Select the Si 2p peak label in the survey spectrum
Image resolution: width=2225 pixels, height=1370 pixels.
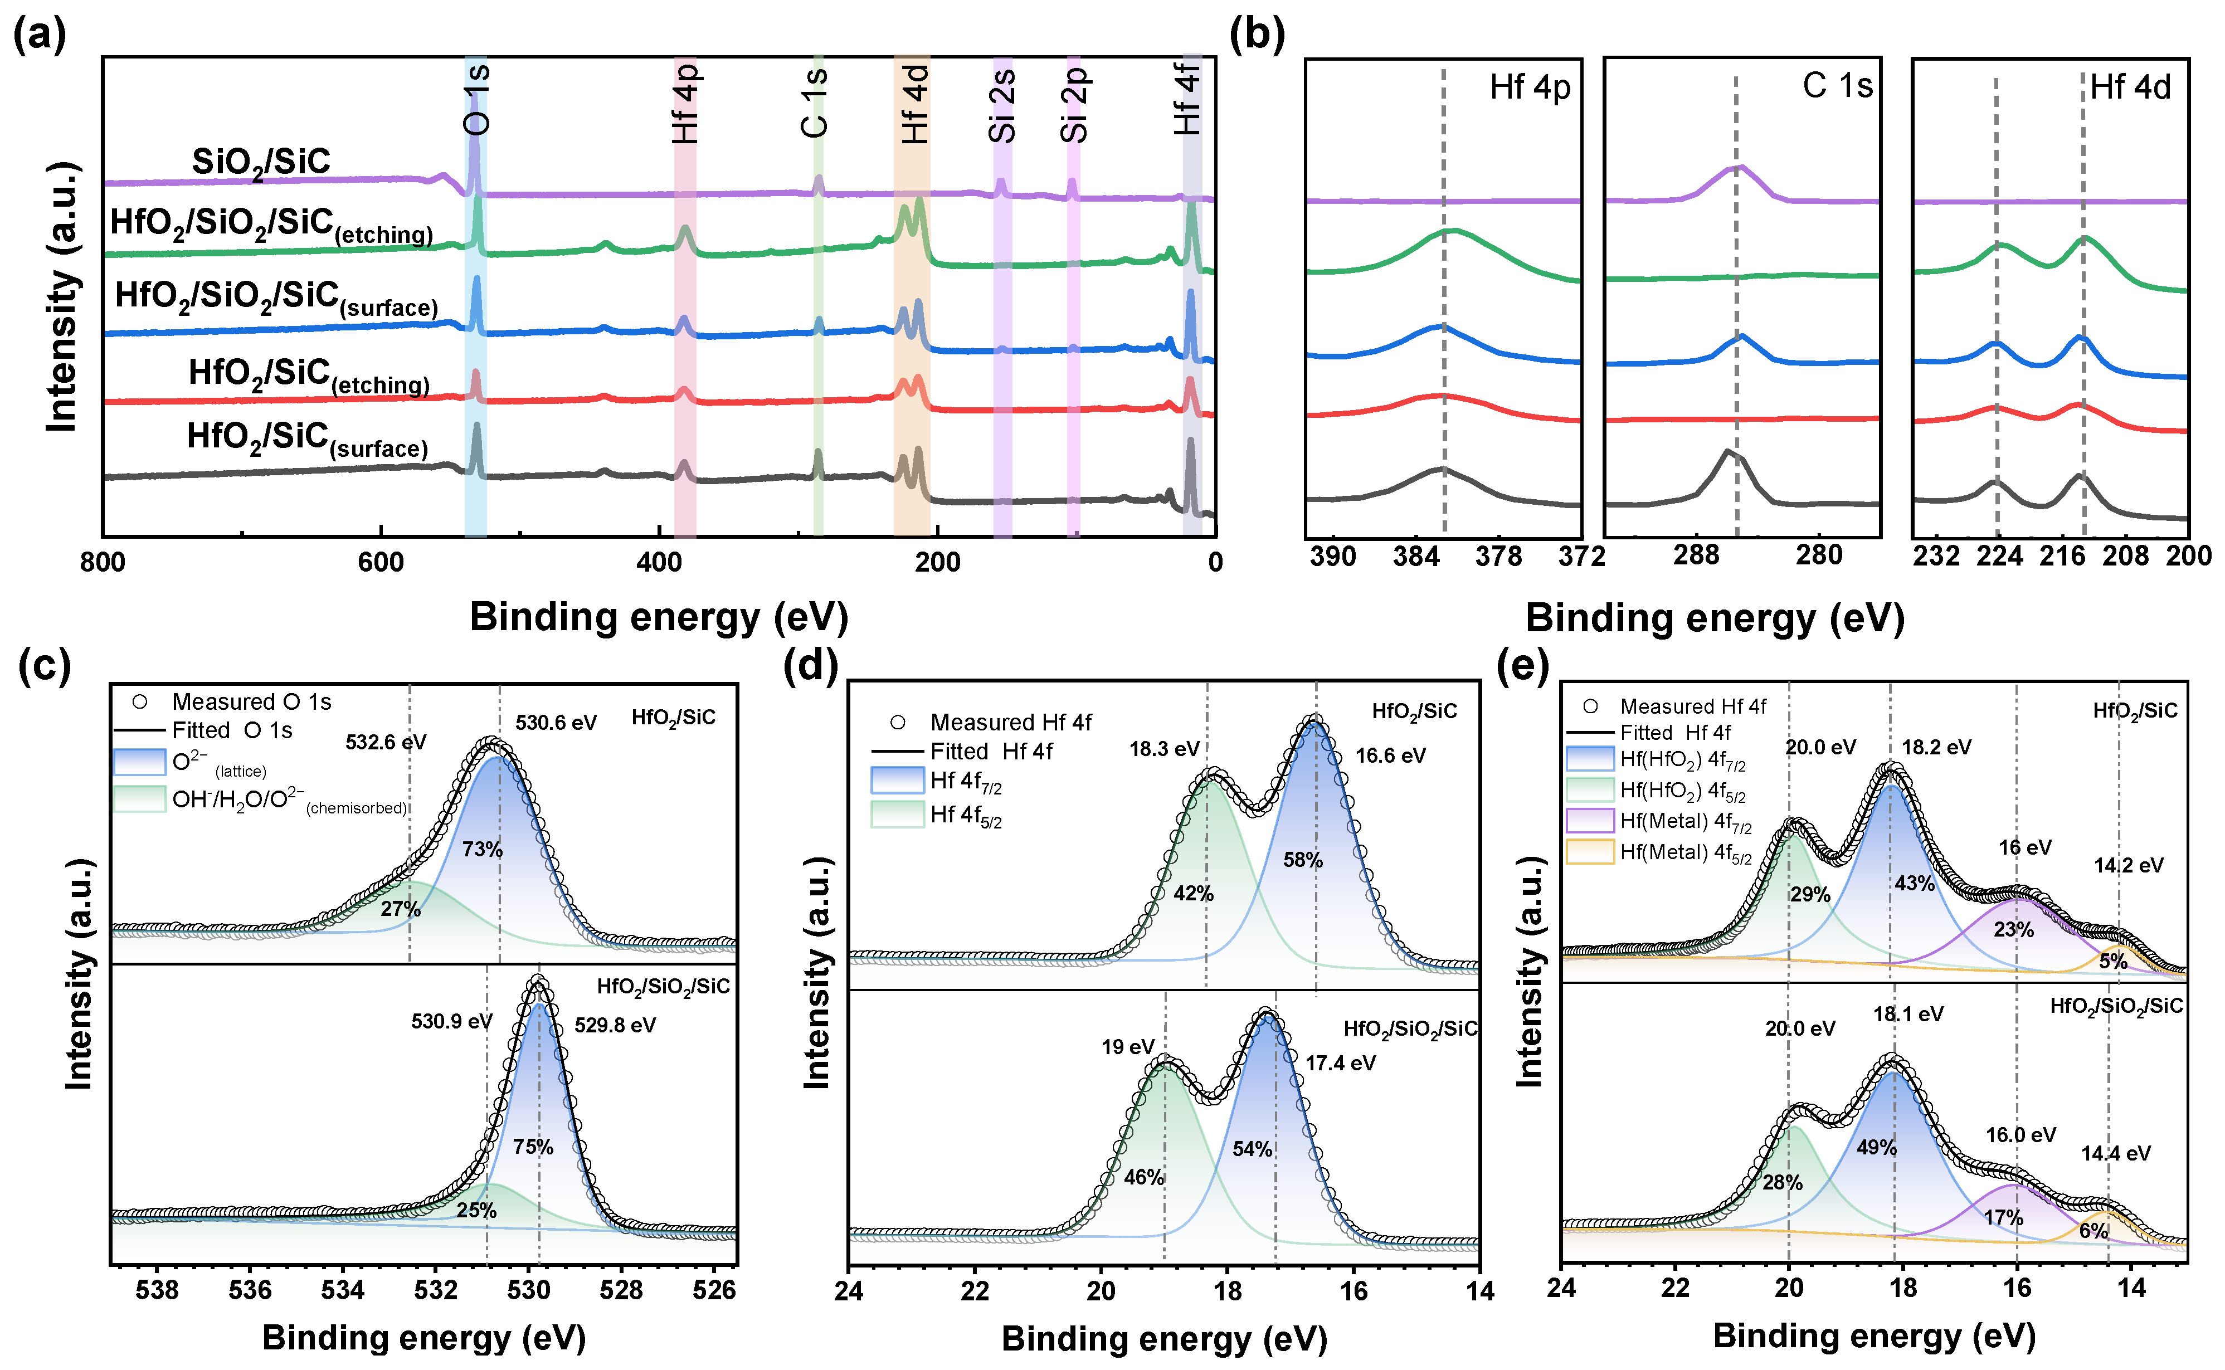(1074, 106)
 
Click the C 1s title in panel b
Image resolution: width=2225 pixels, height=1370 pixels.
(1837, 86)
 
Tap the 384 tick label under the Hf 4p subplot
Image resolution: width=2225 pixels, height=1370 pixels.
(1415, 557)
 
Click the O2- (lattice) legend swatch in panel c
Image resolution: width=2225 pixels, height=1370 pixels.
(139, 761)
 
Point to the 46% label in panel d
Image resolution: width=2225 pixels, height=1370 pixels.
(1143, 1177)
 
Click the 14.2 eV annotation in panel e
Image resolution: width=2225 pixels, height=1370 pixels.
(2128, 865)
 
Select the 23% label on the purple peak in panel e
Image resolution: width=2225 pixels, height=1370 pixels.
(2013, 930)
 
